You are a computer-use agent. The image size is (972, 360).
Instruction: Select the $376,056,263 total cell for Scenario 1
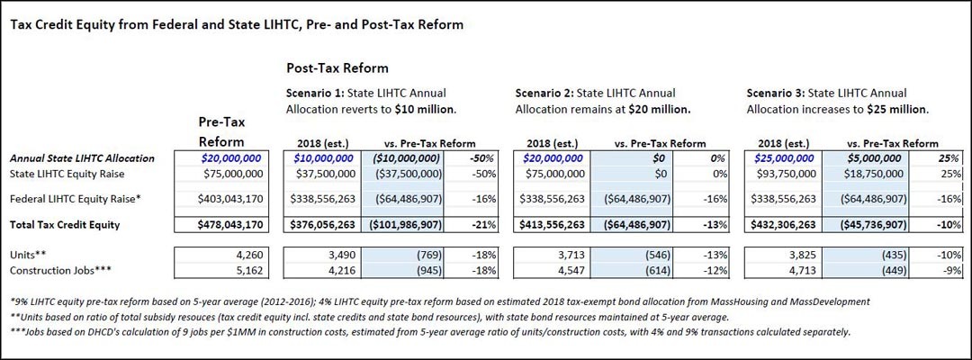(321, 225)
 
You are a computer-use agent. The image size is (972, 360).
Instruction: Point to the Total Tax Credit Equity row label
(65, 225)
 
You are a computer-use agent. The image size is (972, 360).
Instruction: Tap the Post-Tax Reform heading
(337, 67)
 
